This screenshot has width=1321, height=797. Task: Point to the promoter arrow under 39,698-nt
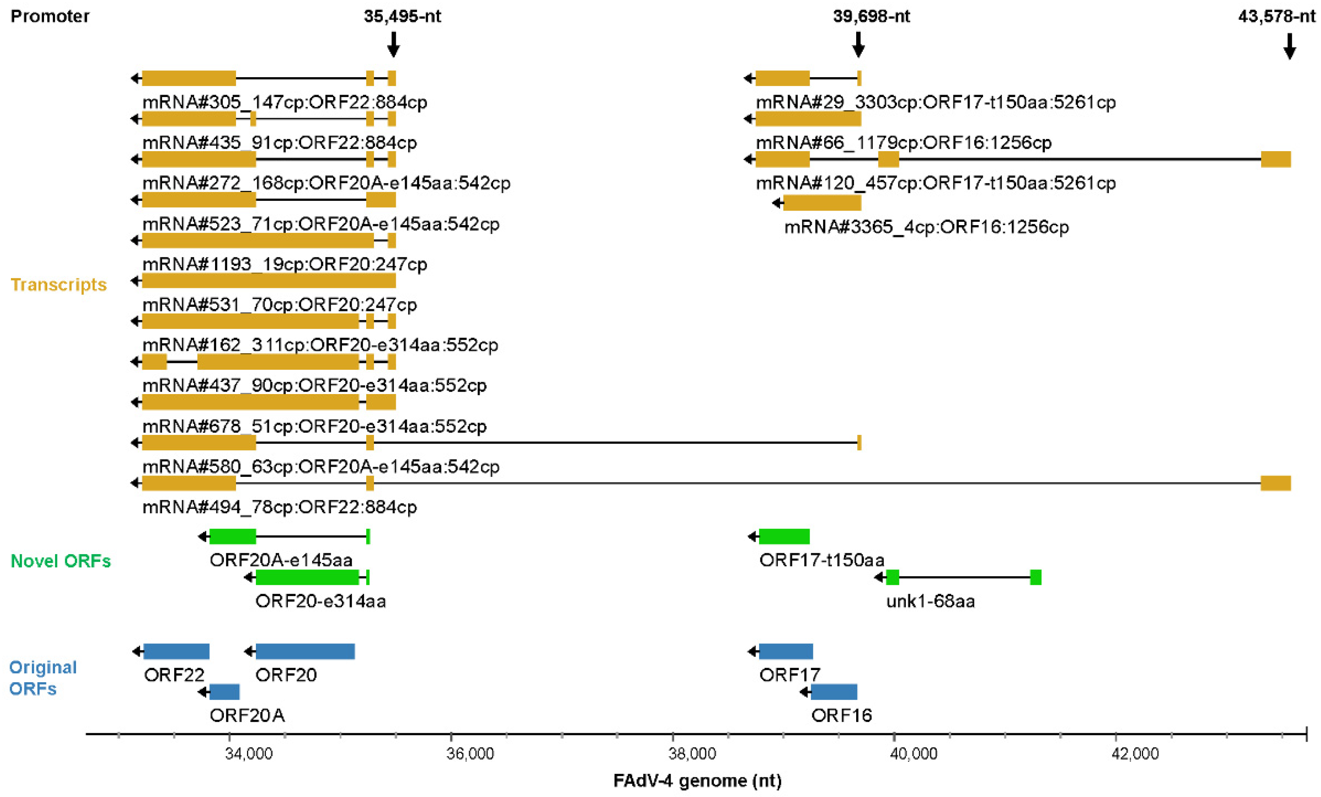click(x=858, y=44)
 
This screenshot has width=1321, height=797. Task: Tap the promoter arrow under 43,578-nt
click(x=1289, y=46)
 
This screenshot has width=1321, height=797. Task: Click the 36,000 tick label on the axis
click(x=470, y=754)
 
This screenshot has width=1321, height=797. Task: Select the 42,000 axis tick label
click(x=1135, y=754)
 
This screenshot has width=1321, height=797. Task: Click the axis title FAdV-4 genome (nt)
click(x=697, y=780)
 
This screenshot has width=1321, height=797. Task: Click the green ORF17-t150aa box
click(x=784, y=536)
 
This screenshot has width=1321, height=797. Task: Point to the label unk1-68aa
click(x=930, y=601)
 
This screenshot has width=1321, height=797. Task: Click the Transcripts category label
click(x=59, y=285)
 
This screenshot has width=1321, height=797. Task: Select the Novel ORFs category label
click(x=61, y=561)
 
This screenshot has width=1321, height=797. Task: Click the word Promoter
click(x=50, y=16)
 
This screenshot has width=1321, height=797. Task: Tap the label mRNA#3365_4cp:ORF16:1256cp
click(x=926, y=227)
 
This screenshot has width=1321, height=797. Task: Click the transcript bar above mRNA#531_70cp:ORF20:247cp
click(x=268, y=280)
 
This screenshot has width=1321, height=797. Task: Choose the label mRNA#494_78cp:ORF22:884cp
click(x=279, y=507)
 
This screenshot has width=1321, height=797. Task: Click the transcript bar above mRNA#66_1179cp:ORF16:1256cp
click(x=808, y=118)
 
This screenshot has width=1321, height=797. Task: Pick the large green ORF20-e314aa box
click(x=307, y=577)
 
